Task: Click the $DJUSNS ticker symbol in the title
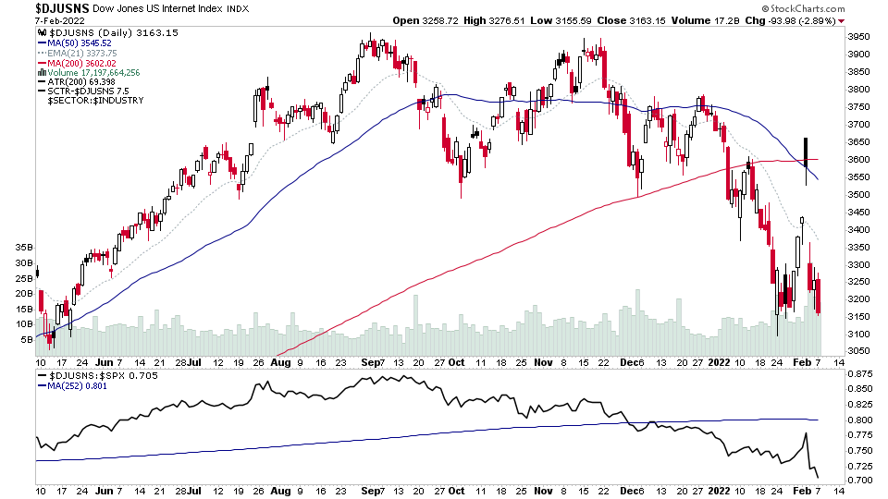pyautogui.click(x=62, y=8)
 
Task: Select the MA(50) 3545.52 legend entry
pyautogui.click(x=82, y=43)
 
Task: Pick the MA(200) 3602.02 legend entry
pyautogui.click(x=85, y=62)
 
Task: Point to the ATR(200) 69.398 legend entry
pyautogui.click(x=81, y=81)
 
